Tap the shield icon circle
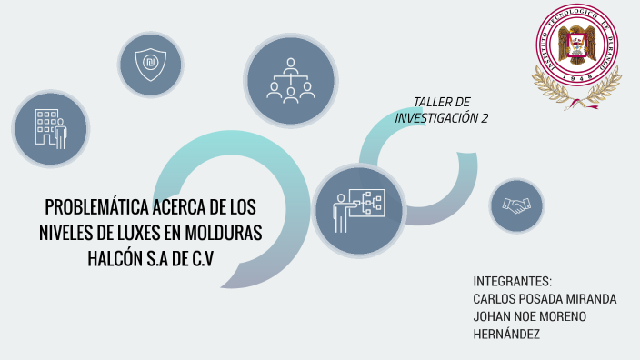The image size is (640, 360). (150, 64)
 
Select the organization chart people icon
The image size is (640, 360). (290, 79)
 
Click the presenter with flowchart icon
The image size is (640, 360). (359, 211)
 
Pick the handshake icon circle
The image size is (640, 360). (516, 206)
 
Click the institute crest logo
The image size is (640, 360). (576, 56)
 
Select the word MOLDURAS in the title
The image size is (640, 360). (225, 233)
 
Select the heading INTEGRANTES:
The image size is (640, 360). (513, 280)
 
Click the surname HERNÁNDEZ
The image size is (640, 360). (506, 335)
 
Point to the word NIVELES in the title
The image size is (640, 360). (72, 233)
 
